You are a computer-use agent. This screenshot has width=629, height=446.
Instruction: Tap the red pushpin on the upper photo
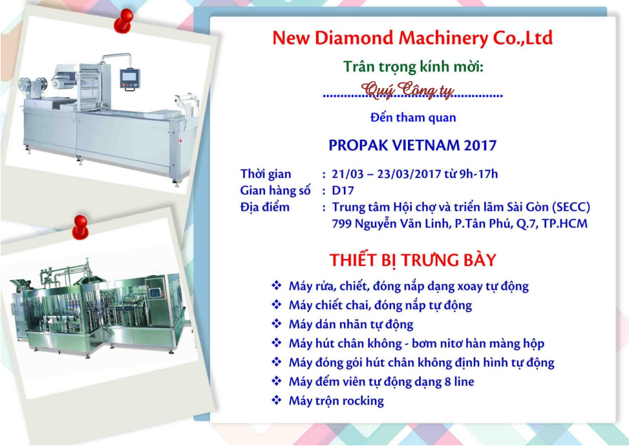[x=123, y=20]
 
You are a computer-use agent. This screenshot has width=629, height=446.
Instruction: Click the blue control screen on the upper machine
[x=129, y=78]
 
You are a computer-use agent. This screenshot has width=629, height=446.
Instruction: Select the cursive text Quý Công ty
[x=407, y=90]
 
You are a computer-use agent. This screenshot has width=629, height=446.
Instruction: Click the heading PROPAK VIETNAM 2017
[x=412, y=145]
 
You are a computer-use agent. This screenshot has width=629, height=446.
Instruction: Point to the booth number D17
[x=343, y=190]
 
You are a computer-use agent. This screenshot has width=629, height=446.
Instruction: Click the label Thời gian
[x=266, y=174]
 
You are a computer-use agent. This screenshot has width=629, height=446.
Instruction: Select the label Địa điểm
[x=265, y=207]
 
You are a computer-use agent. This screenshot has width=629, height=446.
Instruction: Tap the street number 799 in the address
[x=341, y=224]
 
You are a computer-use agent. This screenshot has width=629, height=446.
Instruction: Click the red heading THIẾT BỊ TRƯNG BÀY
[x=413, y=260]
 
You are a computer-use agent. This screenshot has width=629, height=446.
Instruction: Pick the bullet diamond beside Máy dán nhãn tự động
[x=277, y=324]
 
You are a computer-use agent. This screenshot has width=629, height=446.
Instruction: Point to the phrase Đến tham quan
[x=413, y=118]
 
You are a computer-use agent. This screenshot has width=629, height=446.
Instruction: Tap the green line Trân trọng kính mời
[x=413, y=67]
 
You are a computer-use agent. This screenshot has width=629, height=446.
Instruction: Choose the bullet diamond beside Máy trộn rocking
[x=277, y=400]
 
